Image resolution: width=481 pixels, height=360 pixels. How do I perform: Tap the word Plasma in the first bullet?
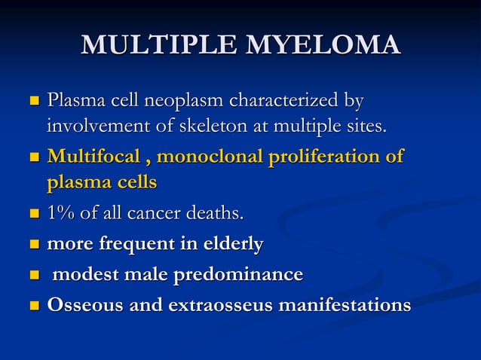pyautogui.click(x=72, y=100)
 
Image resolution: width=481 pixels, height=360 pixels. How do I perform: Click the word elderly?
pyautogui.click(x=231, y=245)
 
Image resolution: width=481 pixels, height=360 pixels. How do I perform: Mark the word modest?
pyautogui.click(x=84, y=275)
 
